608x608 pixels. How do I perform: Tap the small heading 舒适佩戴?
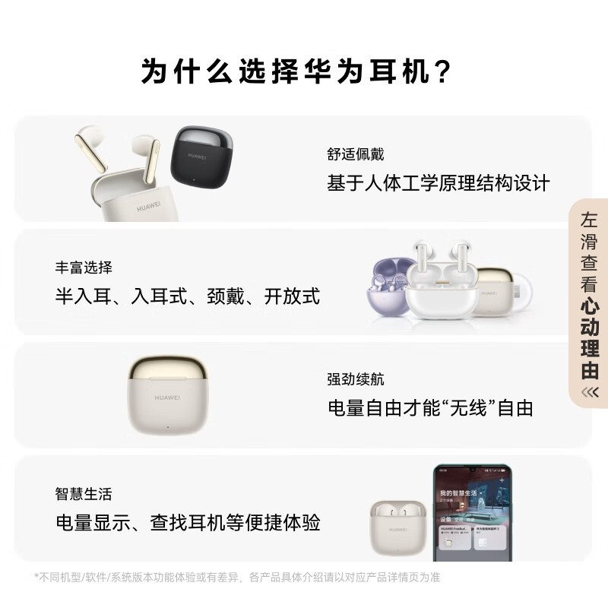pyautogui.click(x=355, y=154)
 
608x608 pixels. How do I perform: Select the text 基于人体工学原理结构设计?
pyautogui.click(x=438, y=183)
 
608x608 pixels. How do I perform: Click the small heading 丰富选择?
pyautogui.click(x=84, y=268)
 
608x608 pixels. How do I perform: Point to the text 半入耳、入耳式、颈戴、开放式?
pyautogui.click(x=188, y=296)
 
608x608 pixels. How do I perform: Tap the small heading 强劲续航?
pyautogui.click(x=355, y=379)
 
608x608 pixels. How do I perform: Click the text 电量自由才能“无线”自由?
pyautogui.click(x=429, y=408)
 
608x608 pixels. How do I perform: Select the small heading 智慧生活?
pyautogui.click(x=84, y=494)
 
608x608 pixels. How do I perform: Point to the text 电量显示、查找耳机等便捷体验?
pyautogui.click(x=188, y=523)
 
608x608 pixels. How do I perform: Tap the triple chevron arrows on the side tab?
pyautogui.click(x=590, y=392)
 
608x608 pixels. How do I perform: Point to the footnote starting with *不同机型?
pyautogui.click(x=236, y=577)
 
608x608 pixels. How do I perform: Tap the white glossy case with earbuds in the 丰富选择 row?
pyautogui.click(x=441, y=281)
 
